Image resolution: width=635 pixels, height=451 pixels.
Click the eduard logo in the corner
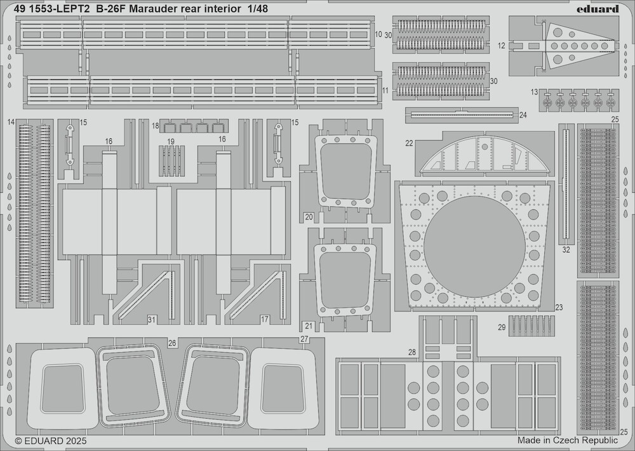click(x=598, y=8)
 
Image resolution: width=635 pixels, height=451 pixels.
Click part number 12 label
click(x=502, y=46)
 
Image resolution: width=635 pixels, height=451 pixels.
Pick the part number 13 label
click(x=534, y=93)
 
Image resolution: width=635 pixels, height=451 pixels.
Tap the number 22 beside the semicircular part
click(x=409, y=143)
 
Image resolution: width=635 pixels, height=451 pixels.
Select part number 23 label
click(x=559, y=307)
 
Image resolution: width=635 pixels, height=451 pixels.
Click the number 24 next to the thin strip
click(x=523, y=115)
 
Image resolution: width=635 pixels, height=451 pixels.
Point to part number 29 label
click(x=502, y=327)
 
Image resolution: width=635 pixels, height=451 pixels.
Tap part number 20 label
click(x=309, y=217)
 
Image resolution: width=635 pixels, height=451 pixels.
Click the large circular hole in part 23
click(x=474, y=244)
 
